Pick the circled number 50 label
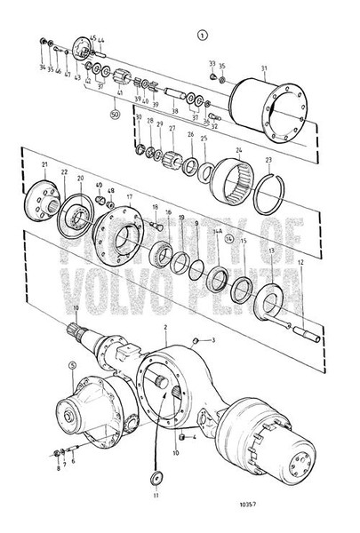click(114, 114)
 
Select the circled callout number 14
click(228, 239)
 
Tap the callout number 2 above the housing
click(165, 328)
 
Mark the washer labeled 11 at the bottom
click(156, 481)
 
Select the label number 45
click(92, 38)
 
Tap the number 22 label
click(64, 171)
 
